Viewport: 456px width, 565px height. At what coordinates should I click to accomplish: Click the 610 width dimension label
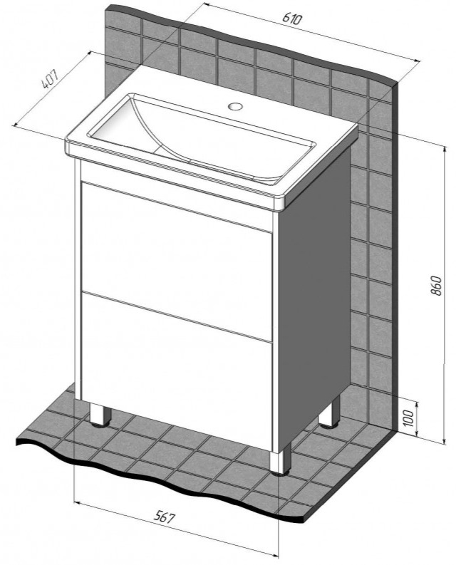point(291,18)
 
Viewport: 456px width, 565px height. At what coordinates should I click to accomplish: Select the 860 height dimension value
point(436,286)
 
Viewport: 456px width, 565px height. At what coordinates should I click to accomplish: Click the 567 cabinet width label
point(165,517)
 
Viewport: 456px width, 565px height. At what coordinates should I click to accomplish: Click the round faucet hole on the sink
point(236,106)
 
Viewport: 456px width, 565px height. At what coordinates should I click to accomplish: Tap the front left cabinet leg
point(99,415)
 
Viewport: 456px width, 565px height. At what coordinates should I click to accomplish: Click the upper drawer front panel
point(177,261)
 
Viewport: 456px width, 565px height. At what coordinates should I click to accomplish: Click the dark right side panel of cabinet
point(314,289)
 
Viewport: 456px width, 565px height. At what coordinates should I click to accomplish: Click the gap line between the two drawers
point(177,316)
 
